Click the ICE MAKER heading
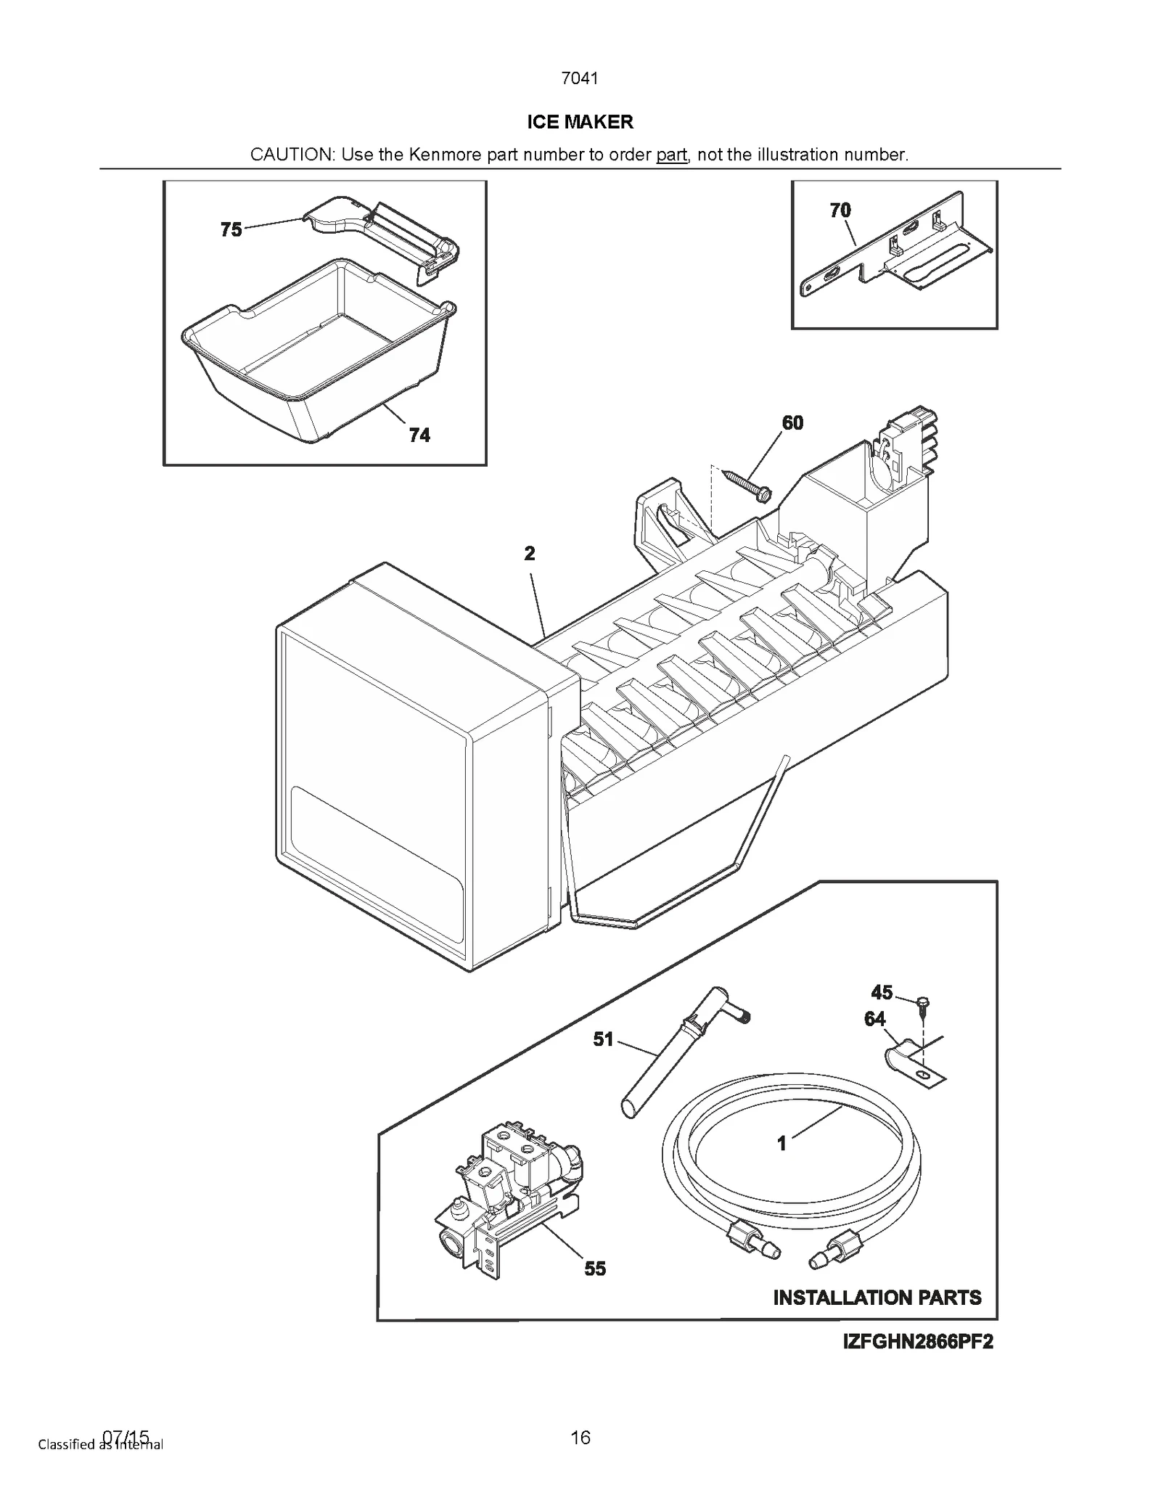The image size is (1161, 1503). pyautogui.click(x=580, y=122)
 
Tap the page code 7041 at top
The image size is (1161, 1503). pyautogui.click(x=580, y=78)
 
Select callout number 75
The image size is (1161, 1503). pyautogui.click(x=231, y=230)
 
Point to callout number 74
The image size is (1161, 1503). pyautogui.click(x=419, y=435)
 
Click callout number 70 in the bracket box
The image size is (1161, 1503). pyautogui.click(x=840, y=210)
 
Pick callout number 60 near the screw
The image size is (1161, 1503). pyautogui.click(x=792, y=423)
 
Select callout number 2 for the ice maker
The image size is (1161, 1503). pyautogui.click(x=530, y=554)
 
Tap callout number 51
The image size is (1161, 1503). pyautogui.click(x=603, y=1040)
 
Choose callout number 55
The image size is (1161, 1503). pyautogui.click(x=595, y=1269)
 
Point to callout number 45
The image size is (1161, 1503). pyautogui.click(x=882, y=992)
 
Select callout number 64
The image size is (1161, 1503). pyautogui.click(x=874, y=1020)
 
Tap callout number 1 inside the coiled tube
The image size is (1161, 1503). pyautogui.click(x=781, y=1144)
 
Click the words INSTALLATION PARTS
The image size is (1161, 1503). pyautogui.click(x=877, y=1298)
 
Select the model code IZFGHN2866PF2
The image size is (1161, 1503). pyautogui.click(x=917, y=1342)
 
